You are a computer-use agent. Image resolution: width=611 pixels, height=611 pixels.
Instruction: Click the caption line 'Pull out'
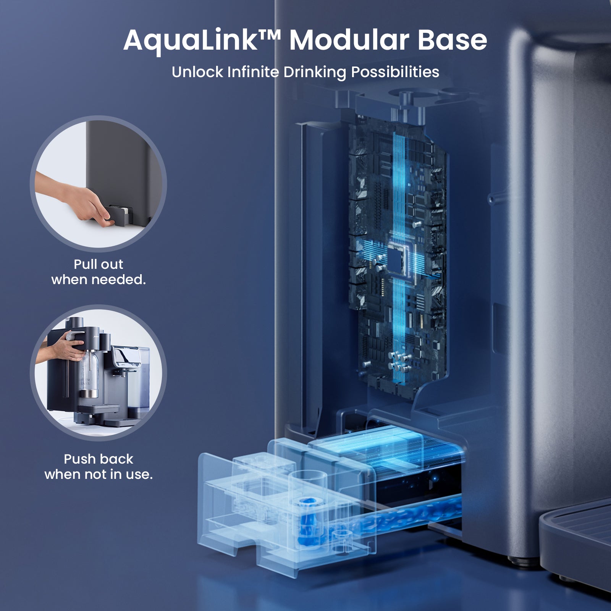[99, 264]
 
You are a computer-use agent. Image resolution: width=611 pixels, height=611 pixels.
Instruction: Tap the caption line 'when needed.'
[99, 280]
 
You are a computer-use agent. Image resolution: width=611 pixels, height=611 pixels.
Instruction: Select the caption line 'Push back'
[99, 459]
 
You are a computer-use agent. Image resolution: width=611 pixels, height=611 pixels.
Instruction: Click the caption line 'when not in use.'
[99, 474]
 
